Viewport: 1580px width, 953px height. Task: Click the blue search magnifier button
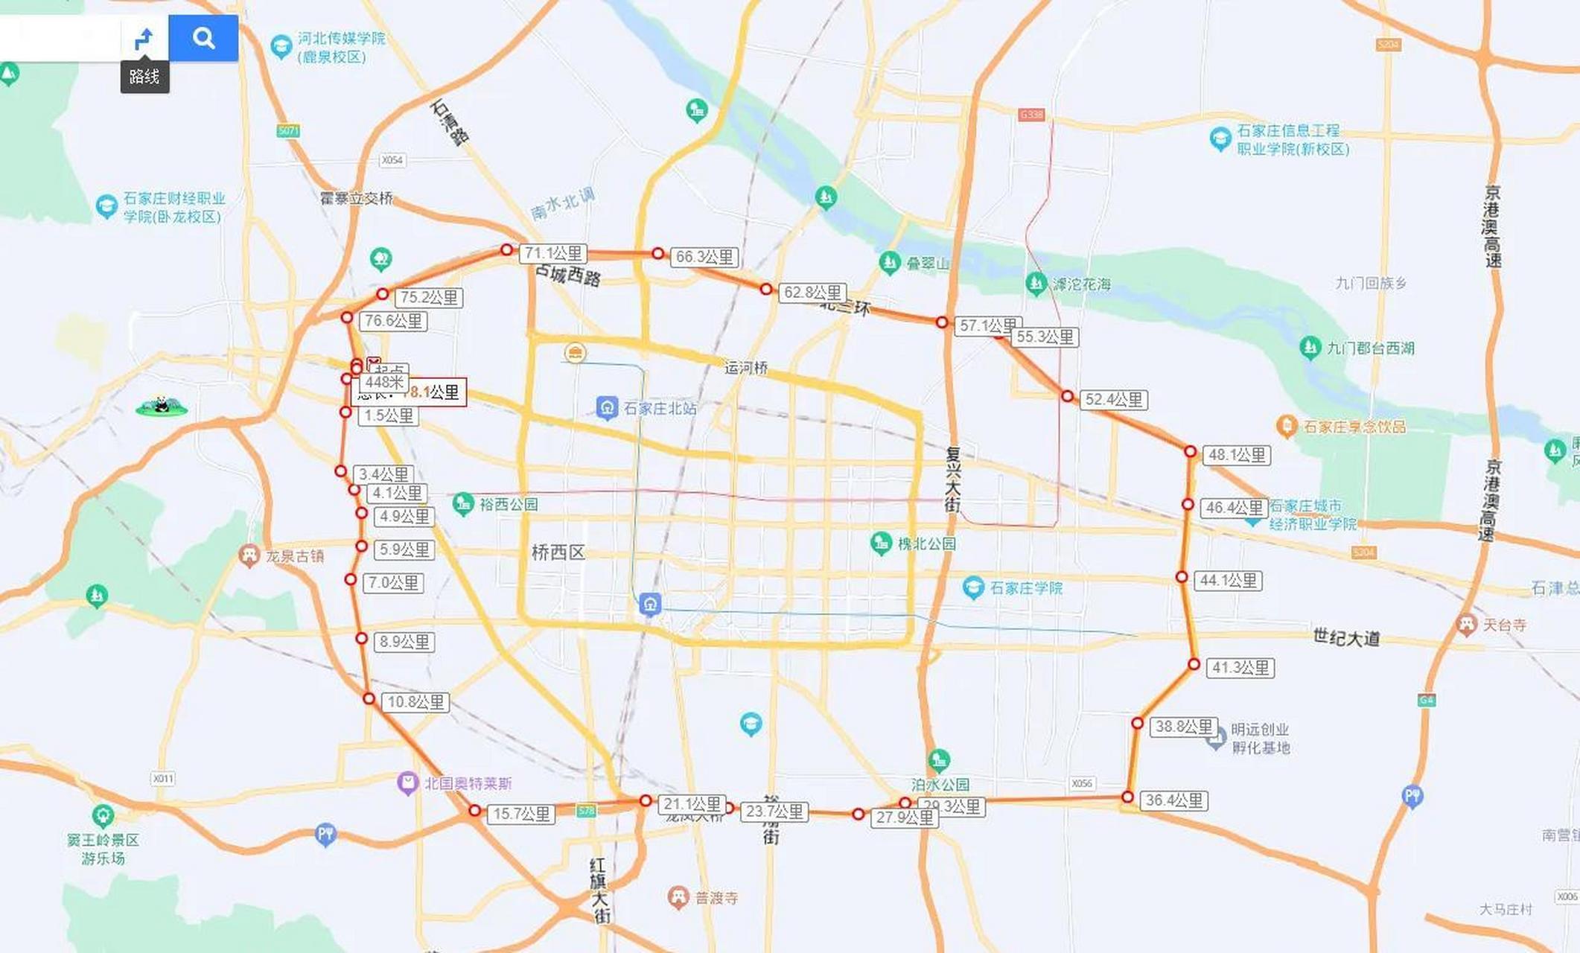click(x=203, y=38)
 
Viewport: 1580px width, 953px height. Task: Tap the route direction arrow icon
click(x=144, y=38)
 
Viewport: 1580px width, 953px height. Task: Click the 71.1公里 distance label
click(x=553, y=253)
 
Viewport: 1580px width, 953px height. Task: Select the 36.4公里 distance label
click(x=1174, y=800)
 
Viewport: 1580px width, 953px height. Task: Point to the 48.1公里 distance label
click(x=1237, y=455)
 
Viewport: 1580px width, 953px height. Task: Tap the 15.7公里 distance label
click(x=521, y=814)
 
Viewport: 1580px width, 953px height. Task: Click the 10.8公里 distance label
click(x=415, y=702)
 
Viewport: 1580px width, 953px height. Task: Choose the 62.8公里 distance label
click(x=812, y=293)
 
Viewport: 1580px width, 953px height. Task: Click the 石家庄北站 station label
click(x=660, y=408)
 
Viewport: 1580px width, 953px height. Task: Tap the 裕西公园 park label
click(x=508, y=504)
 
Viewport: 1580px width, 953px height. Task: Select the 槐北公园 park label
click(x=926, y=544)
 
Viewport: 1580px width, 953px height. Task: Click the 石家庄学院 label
click(x=1026, y=587)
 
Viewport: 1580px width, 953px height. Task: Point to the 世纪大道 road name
click(x=1346, y=637)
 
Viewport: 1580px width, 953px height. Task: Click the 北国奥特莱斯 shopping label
click(x=468, y=783)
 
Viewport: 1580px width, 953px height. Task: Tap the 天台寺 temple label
click(x=1504, y=625)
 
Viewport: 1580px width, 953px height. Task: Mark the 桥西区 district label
click(x=558, y=552)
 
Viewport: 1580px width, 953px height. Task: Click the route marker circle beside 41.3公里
click(x=1194, y=664)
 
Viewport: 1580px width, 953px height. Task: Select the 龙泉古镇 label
click(x=294, y=556)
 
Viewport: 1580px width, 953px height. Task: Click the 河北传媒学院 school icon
click(x=281, y=47)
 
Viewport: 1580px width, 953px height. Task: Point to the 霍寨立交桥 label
click(x=356, y=198)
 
